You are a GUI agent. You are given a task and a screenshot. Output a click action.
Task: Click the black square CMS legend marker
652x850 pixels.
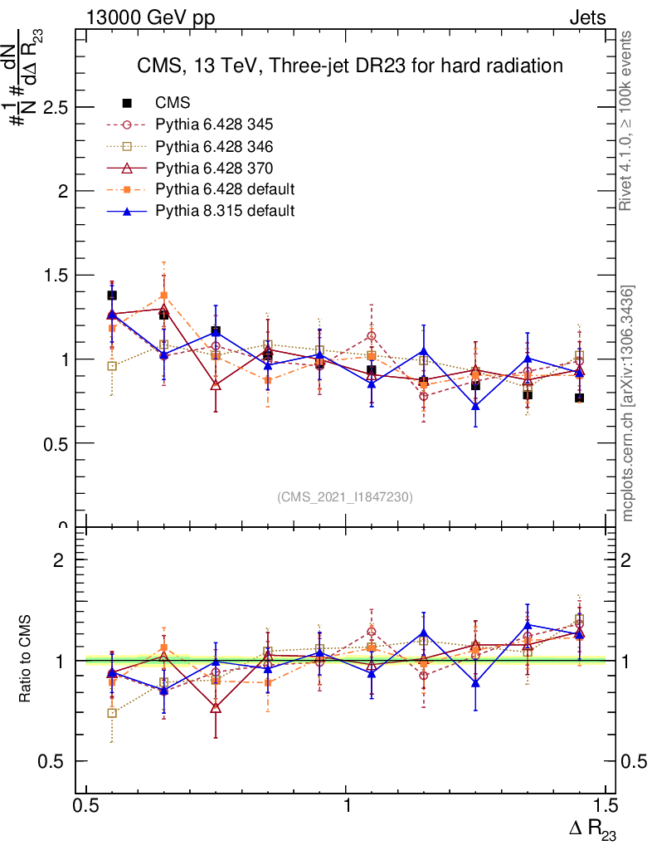[128, 104]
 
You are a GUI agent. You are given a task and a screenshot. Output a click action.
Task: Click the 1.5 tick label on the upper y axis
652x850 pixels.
[56, 276]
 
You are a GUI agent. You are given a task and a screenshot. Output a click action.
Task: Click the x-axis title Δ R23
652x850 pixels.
[592, 829]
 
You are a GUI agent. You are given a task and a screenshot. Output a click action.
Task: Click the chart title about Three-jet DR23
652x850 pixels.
[349, 66]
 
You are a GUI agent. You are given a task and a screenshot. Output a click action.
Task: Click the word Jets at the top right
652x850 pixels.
[586, 17]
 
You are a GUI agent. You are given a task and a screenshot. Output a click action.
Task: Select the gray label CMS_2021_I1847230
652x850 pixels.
[344, 497]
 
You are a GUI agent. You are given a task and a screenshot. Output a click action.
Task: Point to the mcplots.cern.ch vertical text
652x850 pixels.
[628, 403]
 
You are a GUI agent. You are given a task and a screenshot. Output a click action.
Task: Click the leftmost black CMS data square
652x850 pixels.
[112, 296]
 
